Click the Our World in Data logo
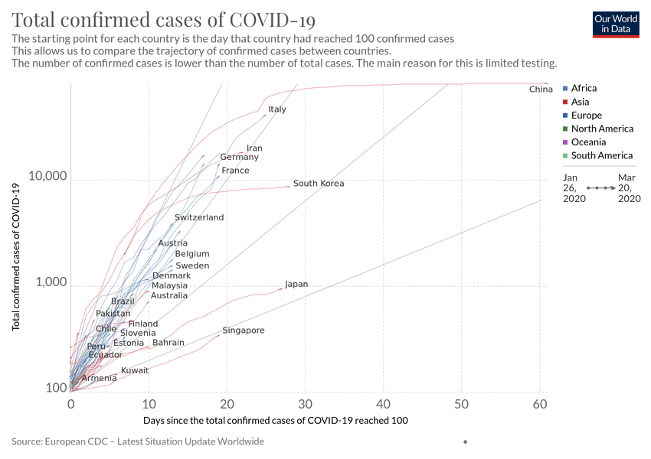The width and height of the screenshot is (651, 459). tap(616, 24)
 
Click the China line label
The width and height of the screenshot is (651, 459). tap(541, 90)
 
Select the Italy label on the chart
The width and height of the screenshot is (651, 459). tap(277, 109)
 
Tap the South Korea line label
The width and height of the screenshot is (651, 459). tap(319, 184)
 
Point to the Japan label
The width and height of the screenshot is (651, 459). tap(296, 285)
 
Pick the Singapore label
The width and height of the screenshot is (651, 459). tap(244, 330)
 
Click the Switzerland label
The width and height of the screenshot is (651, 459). tap(199, 218)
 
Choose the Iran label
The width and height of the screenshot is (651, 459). tap(254, 148)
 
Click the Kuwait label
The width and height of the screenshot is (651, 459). tap(135, 371)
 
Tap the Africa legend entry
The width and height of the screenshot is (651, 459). tap(584, 89)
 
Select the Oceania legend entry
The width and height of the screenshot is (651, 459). tap(588, 142)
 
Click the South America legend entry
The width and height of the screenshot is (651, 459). tap(602, 156)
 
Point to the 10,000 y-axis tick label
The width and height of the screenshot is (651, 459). tap(47, 177)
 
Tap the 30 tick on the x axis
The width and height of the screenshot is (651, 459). tap(305, 403)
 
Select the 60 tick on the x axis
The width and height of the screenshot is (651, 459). tap(539, 403)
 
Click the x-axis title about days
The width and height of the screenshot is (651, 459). tap(275, 421)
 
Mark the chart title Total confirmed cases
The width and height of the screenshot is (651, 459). tap(164, 20)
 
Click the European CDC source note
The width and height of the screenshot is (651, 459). tap(138, 441)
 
